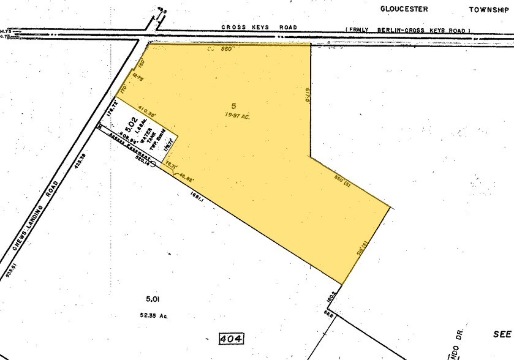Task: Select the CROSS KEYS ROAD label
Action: (260, 28)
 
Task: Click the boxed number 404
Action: (231, 339)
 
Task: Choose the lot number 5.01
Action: (153, 299)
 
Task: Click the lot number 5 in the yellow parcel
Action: (233, 106)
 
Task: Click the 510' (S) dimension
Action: (362, 250)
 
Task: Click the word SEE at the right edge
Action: (502, 334)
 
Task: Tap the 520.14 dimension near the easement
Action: (143, 160)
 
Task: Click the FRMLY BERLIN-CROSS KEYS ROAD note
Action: (408, 30)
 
